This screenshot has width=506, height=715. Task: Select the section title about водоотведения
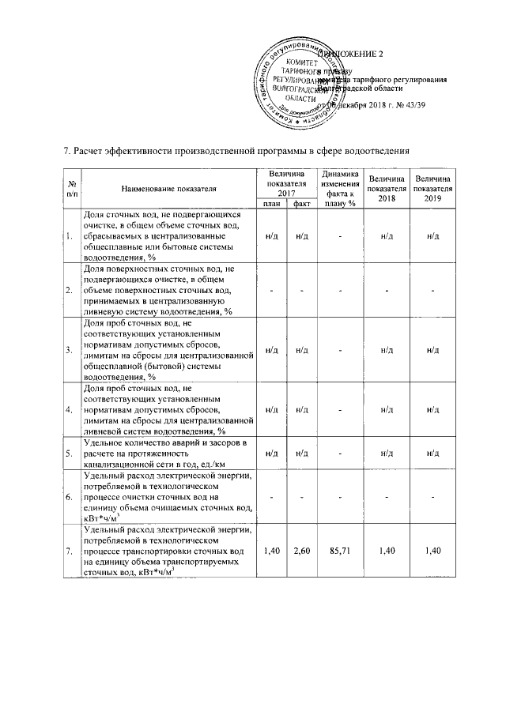click(236, 151)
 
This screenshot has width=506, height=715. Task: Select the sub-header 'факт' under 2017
click(300, 203)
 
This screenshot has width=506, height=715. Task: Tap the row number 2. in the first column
click(70, 291)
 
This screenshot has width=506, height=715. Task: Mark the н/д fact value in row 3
click(300, 349)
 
